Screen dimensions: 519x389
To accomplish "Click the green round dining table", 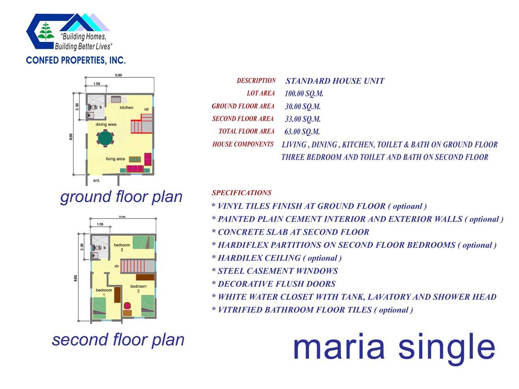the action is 105,139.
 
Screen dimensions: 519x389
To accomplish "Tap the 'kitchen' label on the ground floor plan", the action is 126,107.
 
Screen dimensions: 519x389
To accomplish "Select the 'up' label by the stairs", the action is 146,109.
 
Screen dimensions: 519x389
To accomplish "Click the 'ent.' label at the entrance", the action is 97,180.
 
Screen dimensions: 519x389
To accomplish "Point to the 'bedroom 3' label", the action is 122,247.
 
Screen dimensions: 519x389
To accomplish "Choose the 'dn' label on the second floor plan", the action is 116,266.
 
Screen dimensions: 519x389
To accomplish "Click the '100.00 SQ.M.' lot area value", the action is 304,94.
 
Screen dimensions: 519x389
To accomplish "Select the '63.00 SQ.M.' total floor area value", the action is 302,132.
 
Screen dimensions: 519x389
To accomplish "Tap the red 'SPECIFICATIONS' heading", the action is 241,193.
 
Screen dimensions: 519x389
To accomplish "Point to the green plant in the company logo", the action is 46,31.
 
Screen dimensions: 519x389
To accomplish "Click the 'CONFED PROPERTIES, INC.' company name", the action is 76,60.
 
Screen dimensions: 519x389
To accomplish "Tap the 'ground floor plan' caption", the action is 121,197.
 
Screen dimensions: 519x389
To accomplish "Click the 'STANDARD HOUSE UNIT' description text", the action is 335,81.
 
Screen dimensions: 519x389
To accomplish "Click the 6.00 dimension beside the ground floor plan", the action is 71,137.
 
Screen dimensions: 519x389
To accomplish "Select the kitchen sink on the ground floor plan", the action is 116,99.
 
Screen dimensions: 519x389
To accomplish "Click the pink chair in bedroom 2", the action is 127,306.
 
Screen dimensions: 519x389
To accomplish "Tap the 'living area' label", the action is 115,159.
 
